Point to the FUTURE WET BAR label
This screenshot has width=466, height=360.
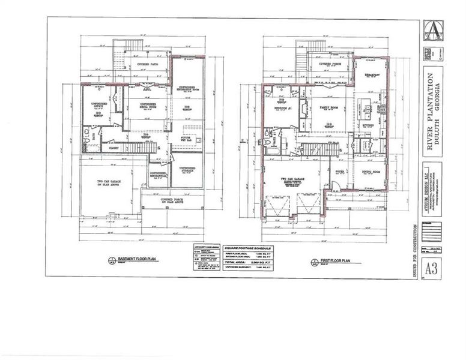(190, 139)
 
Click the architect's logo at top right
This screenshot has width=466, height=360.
(431, 28)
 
